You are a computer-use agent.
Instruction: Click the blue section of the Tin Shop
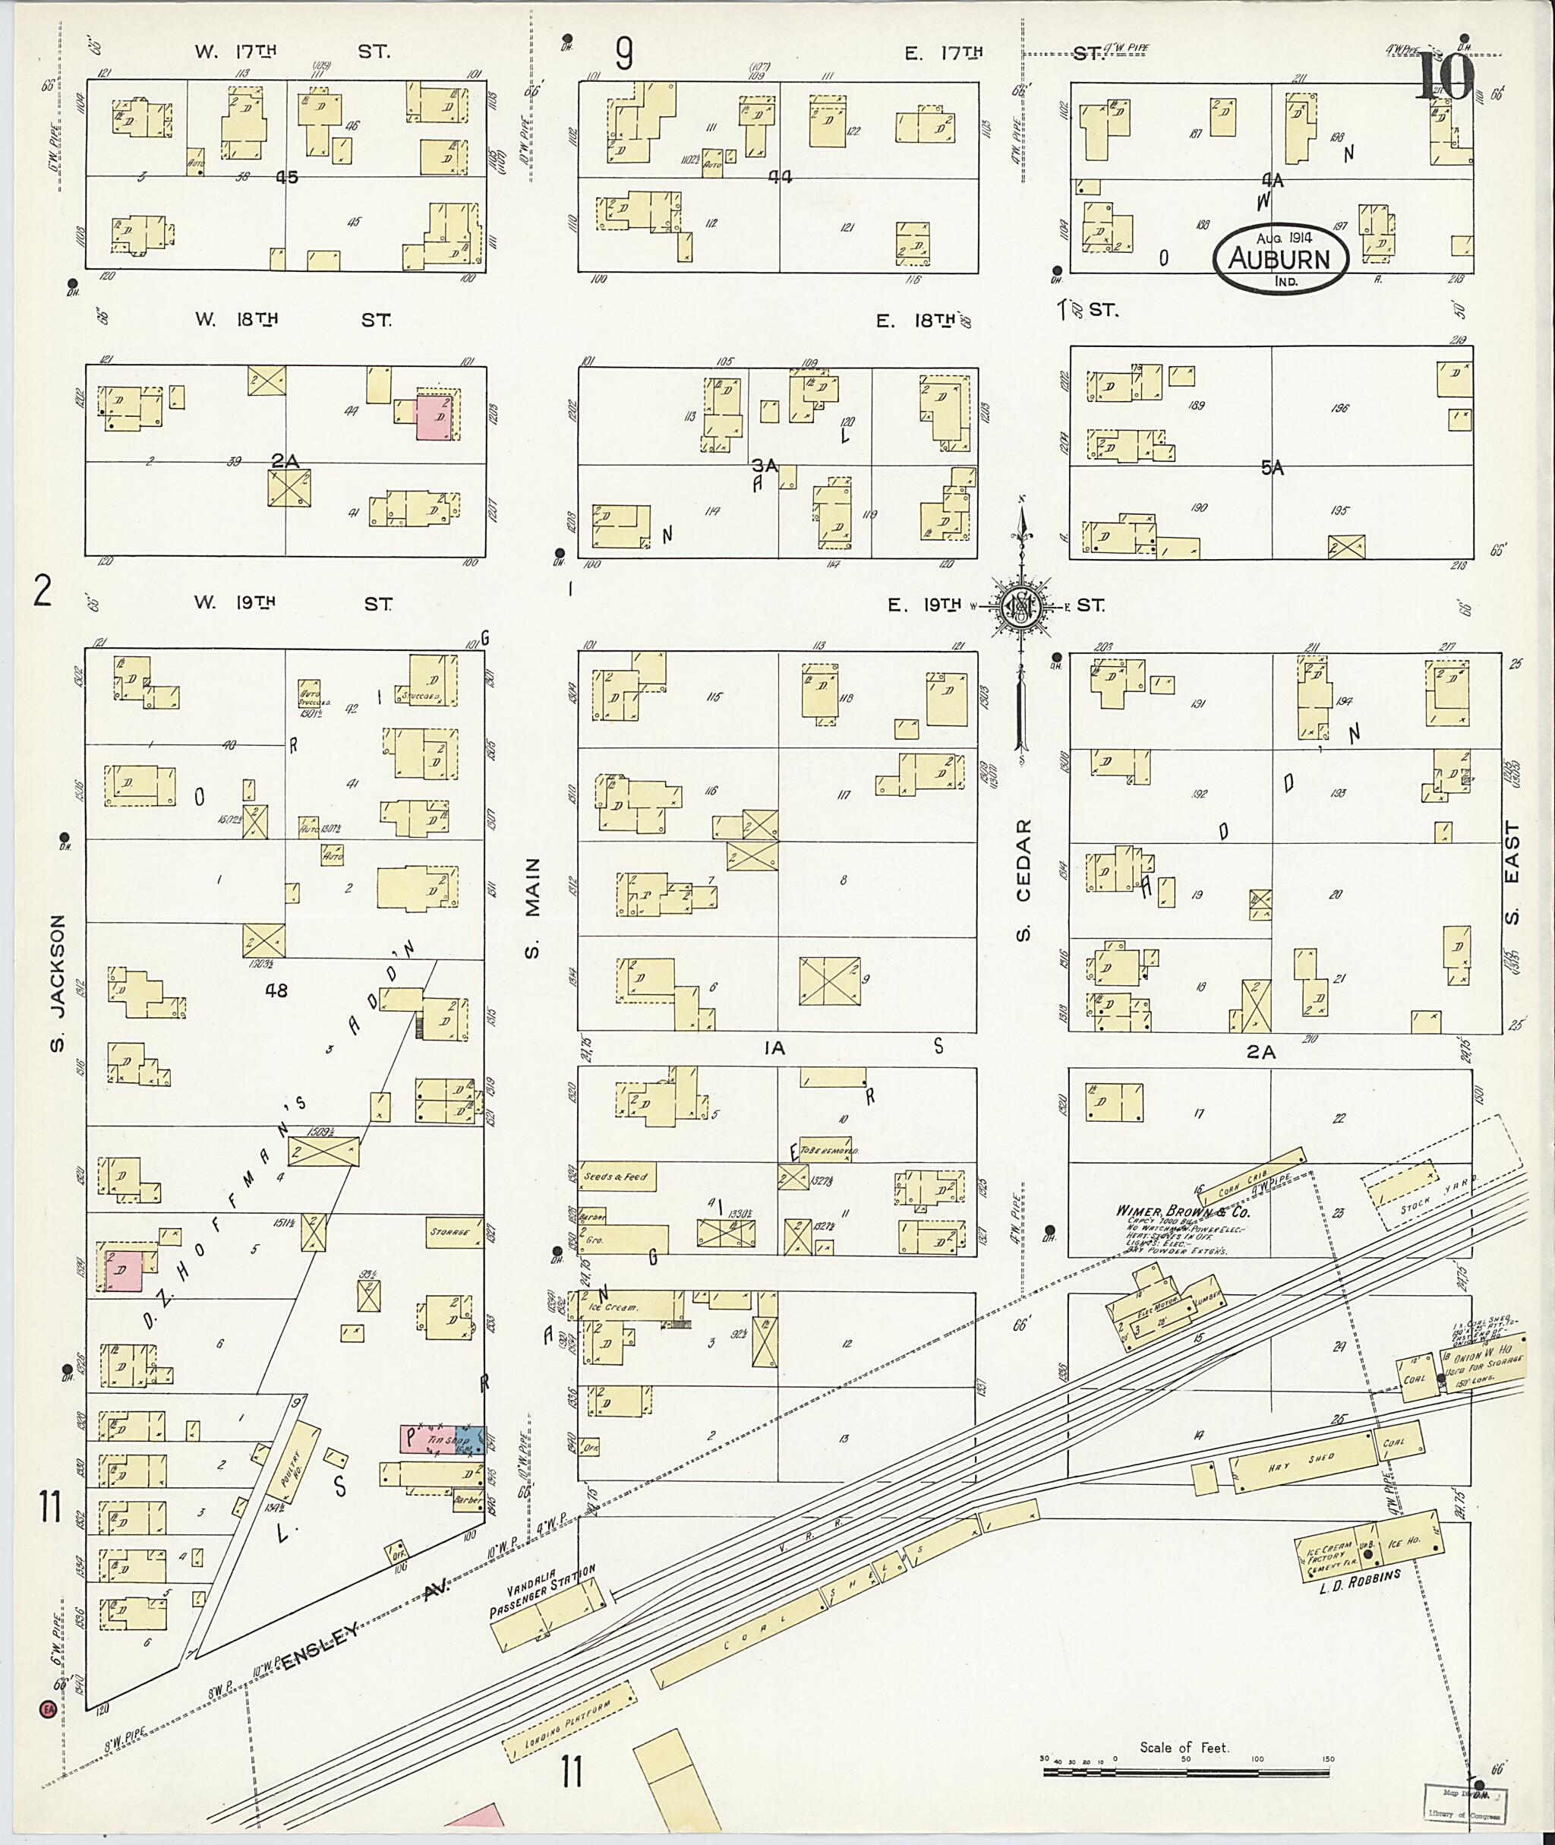(473, 1440)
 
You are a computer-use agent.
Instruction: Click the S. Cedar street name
(1023, 880)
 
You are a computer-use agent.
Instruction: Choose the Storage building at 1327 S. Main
(454, 1231)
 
